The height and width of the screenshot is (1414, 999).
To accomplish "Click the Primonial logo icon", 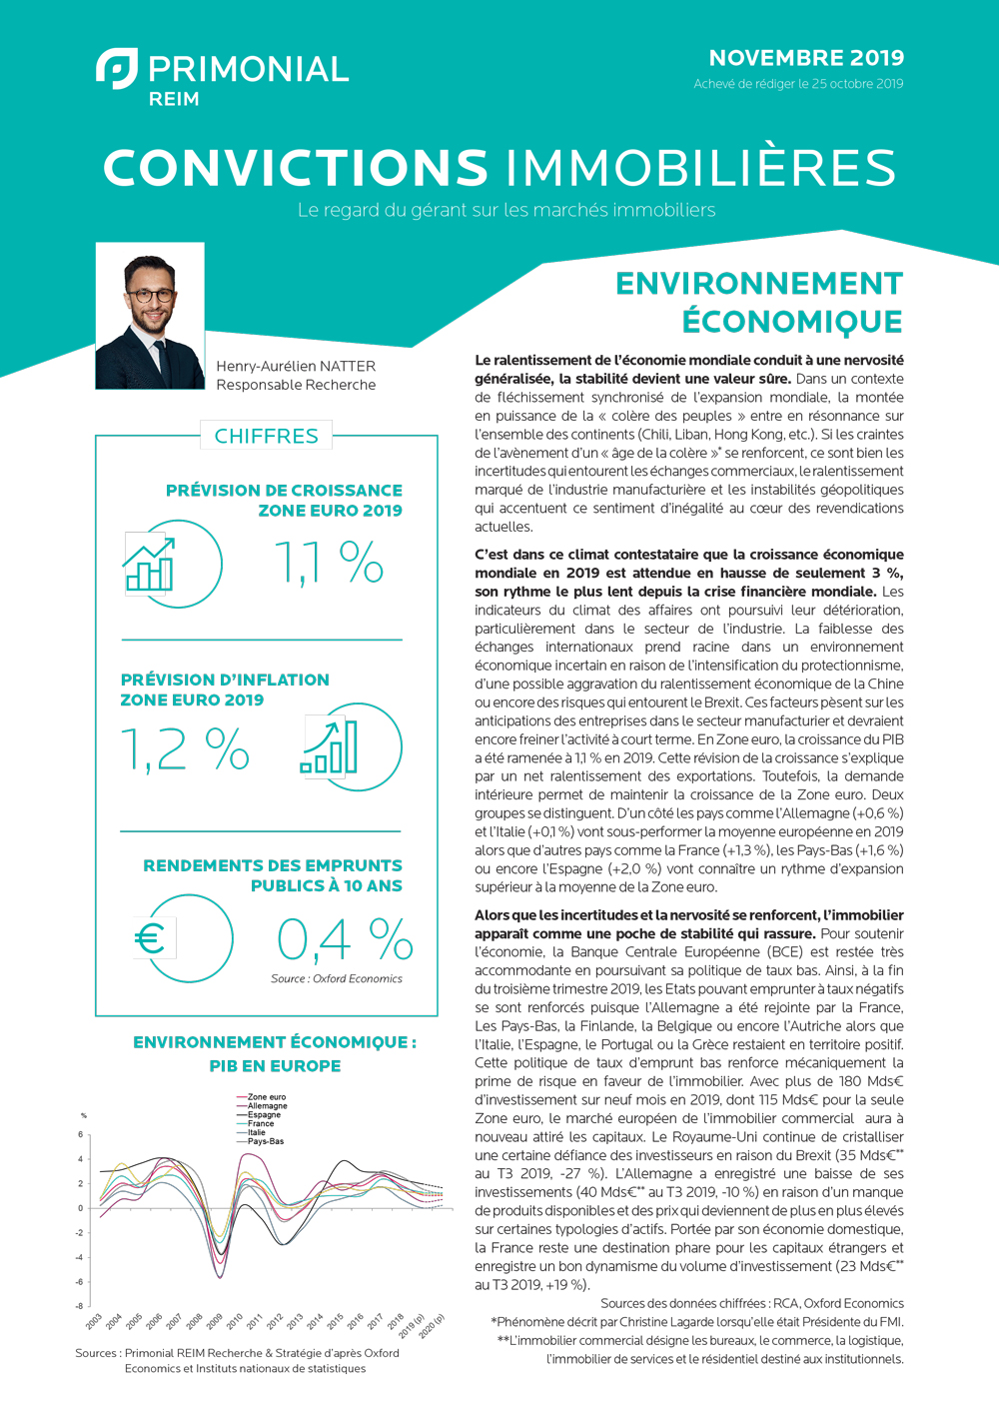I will coord(117,68).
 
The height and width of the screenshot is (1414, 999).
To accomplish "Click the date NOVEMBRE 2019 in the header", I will coord(806,58).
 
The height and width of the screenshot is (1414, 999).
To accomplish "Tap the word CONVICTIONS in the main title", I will coord(296,168).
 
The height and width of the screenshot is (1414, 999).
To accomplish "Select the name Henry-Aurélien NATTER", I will coord(296,366).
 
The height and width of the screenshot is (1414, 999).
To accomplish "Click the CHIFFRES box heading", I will coord(267,436).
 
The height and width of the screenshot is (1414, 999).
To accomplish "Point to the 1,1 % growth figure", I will coord(329,563).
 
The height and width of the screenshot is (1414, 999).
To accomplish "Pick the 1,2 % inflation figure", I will coord(185,749).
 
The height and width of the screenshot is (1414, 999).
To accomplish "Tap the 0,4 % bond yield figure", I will coord(344,939).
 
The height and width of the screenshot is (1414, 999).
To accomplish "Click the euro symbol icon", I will coord(150,938).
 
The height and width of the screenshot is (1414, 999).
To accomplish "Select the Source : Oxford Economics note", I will coord(336,979).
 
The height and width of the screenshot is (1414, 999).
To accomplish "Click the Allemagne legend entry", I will coord(267,1106).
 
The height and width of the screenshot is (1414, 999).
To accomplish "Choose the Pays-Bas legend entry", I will coord(265,1141).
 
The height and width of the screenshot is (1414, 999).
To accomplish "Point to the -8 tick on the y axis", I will coord(80,1306).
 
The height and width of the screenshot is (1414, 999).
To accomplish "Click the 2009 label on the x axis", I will coord(214,1322).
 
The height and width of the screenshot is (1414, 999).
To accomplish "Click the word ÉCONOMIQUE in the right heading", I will coord(792,322).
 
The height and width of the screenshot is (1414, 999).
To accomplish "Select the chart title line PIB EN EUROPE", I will coord(275,1066).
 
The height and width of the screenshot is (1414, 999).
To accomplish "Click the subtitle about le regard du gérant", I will coord(505,211).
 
